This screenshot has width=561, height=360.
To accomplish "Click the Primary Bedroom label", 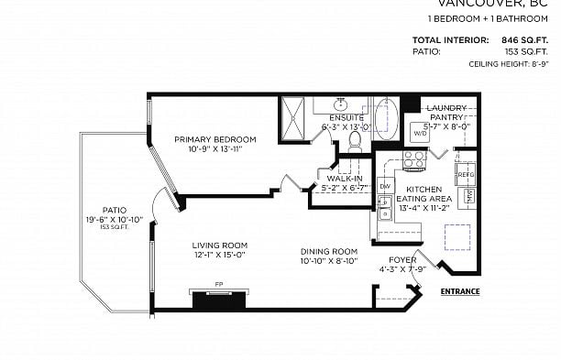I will click(215, 139).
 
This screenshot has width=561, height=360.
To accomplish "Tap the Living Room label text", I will click(220, 245).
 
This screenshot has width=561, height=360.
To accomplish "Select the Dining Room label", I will click(328, 251).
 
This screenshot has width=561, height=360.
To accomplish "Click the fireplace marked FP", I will click(219, 300).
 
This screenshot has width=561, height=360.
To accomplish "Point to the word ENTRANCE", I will click(459, 291).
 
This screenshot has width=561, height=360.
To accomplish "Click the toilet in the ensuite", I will click(355, 141).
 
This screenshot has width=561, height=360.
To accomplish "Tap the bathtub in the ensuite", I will click(385, 119).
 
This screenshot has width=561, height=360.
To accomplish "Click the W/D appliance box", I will click(421, 134).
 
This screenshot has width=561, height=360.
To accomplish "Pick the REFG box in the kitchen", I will click(466, 173).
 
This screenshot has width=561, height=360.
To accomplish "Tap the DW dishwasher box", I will click(385, 187).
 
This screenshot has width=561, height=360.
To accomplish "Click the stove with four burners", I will click(414, 161).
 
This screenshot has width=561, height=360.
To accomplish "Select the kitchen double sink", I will click(385, 208).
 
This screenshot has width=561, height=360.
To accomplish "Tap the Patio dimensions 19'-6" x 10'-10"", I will click(115, 220).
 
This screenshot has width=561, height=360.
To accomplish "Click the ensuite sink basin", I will click(340, 104).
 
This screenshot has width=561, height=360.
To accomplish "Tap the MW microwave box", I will click(468, 196).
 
